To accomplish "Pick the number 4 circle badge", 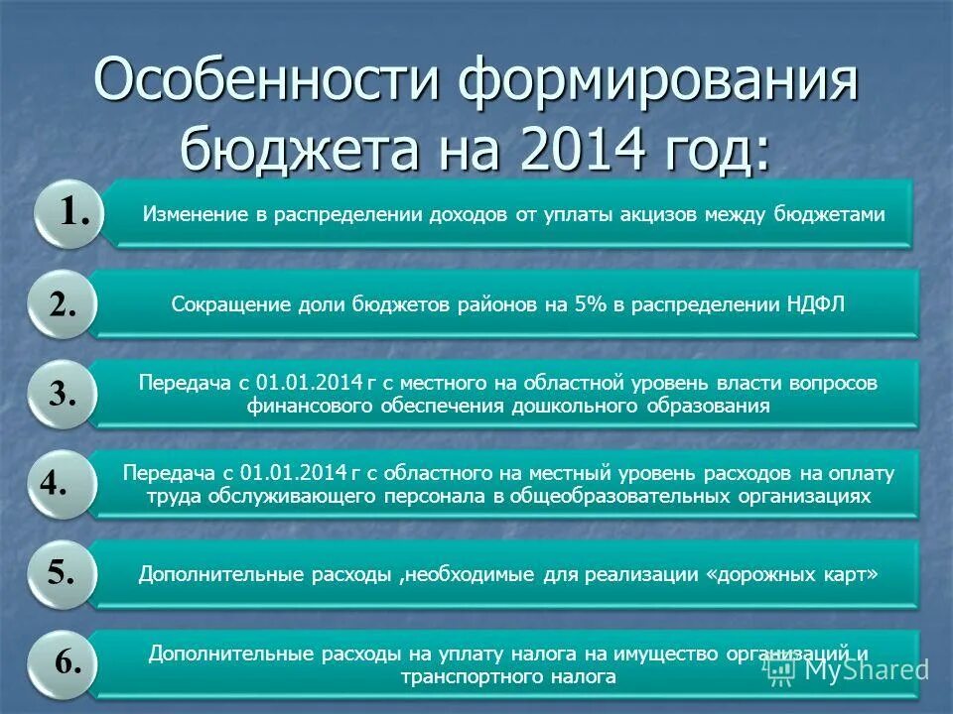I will (56, 485).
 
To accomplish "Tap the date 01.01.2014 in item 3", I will (302, 383).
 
